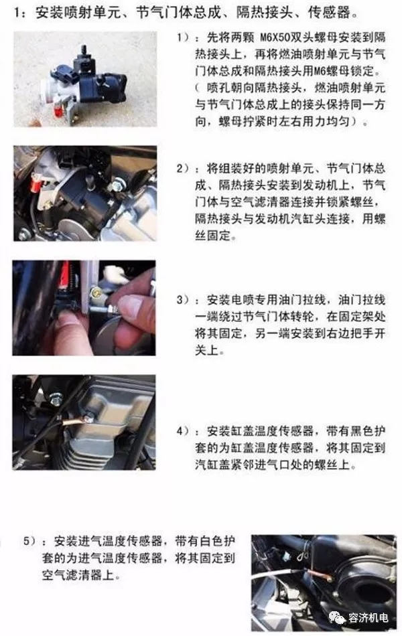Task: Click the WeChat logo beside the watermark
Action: pos(338,617)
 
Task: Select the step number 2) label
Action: pos(183,168)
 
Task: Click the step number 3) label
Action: pos(183,300)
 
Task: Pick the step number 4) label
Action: pos(183,430)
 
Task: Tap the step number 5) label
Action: pos(29,541)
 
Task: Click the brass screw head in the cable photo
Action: pos(96,292)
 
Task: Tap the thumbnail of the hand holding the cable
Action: pos(84,308)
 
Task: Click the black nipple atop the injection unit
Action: pos(84,50)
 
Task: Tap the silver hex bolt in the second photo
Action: pos(118,185)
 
